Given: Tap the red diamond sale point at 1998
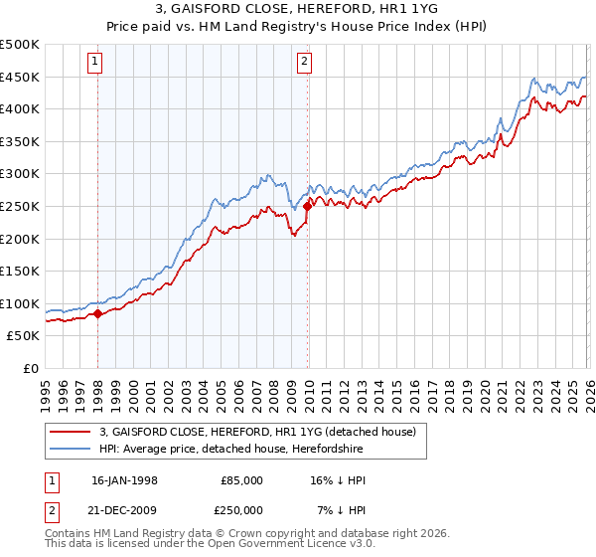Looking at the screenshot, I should coord(97,313).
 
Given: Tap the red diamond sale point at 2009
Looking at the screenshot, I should coord(307,206).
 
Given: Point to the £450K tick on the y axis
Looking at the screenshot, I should coord(20,77).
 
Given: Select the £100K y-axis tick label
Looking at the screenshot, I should coord(20,303).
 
